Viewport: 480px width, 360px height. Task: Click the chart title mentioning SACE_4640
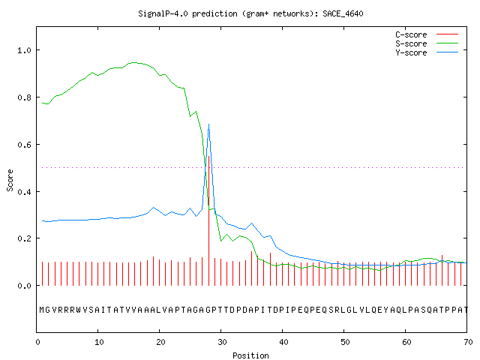(x=250, y=13)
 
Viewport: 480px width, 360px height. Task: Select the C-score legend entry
(x=427, y=34)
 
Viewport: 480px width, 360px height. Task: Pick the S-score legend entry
(x=427, y=43)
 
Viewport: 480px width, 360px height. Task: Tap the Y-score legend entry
(x=427, y=52)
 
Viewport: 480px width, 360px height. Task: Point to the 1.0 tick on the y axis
(x=24, y=50)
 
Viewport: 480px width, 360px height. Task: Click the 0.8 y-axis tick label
(x=24, y=97)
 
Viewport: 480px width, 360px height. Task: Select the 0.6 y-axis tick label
(x=24, y=145)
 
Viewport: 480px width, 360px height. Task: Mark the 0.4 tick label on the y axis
(x=24, y=192)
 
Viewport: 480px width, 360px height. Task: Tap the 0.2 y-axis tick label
(x=24, y=238)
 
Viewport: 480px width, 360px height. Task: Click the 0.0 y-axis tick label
(x=24, y=286)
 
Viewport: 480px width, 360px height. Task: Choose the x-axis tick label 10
(x=99, y=342)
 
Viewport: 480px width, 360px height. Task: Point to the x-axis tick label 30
(x=222, y=342)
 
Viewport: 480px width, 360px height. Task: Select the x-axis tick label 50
(x=345, y=342)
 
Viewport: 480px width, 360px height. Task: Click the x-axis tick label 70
(x=468, y=342)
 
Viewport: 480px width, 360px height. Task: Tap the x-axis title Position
(x=250, y=355)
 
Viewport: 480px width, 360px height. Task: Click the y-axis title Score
(x=10, y=180)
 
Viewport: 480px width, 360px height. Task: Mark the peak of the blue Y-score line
(x=208, y=124)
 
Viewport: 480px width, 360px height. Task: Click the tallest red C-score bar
(x=208, y=220)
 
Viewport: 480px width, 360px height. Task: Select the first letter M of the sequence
(x=42, y=310)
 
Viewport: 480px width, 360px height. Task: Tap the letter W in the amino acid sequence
(x=79, y=310)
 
